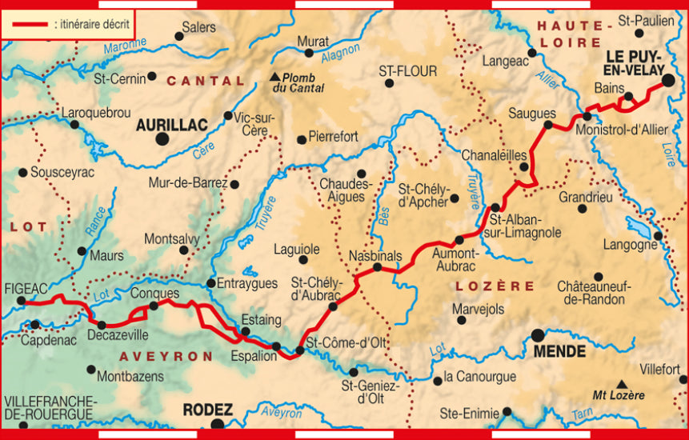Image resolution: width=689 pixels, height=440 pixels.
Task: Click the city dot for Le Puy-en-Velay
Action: [668, 80]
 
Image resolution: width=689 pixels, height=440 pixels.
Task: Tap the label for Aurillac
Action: [171, 125]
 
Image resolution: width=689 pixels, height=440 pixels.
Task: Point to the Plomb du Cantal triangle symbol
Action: [275, 77]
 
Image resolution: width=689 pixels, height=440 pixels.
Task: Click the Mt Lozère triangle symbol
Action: [621, 384]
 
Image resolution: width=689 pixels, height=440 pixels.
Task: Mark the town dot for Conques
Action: [154, 306]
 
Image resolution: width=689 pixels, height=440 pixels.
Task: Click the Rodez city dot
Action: [218, 424]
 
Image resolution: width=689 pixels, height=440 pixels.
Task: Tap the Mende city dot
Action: [537, 334]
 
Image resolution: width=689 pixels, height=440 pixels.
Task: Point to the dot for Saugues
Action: [548, 125]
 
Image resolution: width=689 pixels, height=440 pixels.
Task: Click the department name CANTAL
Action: [205, 81]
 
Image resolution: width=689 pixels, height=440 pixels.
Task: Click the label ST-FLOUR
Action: [408, 71]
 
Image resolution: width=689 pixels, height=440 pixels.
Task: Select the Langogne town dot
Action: [658, 235]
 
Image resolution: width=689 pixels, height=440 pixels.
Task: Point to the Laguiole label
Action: [296, 248]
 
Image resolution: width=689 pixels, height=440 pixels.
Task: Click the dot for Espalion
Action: [276, 346]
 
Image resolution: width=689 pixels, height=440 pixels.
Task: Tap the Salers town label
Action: [198, 27]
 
